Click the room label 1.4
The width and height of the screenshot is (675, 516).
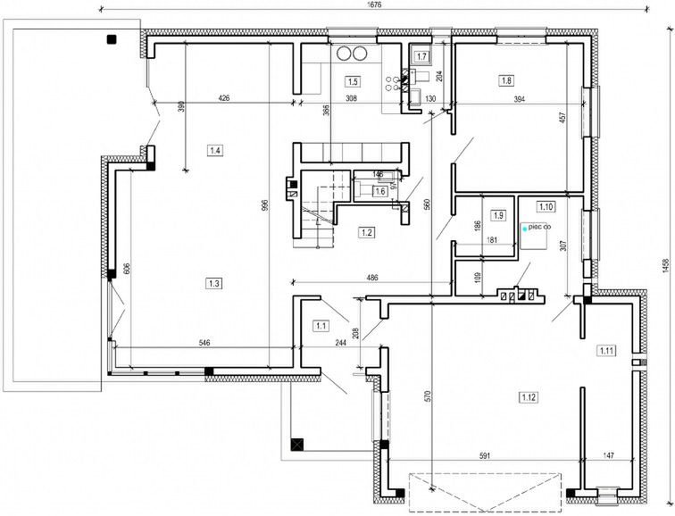tap(215, 150)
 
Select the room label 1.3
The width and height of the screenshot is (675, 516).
tap(214, 283)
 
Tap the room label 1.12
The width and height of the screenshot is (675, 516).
tap(529, 395)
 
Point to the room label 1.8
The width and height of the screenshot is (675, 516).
tap(507, 80)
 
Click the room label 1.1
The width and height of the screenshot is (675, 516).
tap(321, 327)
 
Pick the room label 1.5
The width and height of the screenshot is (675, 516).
tap(353, 80)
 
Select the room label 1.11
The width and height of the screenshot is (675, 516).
tap(607, 349)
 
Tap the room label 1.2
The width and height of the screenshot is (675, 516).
tap(366, 233)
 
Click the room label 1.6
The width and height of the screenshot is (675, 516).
tap(379, 190)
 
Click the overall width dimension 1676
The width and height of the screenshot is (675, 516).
tap(375, 5)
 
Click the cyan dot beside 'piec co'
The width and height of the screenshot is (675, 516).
tap(525, 229)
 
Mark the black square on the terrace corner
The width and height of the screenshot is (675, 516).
tap(112, 38)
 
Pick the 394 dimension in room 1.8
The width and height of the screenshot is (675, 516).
tap(518, 99)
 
